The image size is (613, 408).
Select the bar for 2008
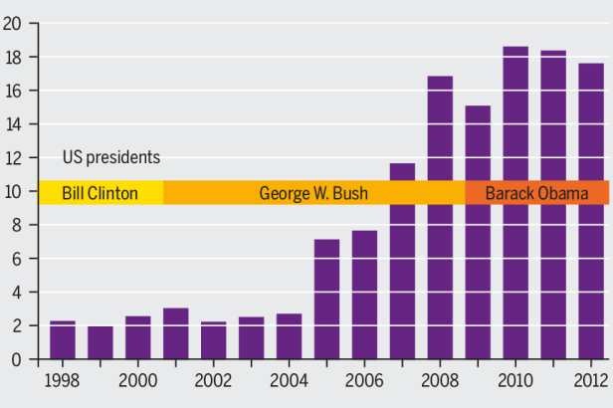point(440,289)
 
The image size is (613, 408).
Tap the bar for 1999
point(100,342)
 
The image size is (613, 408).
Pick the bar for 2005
point(326,299)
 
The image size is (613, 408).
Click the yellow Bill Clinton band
point(100,193)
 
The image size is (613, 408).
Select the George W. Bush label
point(313,193)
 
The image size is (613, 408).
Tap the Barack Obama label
point(535,193)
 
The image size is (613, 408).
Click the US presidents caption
point(111,157)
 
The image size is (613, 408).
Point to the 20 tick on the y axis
point(13,24)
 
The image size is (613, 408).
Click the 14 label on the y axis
point(13,124)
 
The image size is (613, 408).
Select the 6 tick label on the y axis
point(17,259)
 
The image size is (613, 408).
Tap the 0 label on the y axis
point(17,359)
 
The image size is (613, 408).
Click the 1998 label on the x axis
point(62,381)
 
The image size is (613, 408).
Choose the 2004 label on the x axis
point(289,381)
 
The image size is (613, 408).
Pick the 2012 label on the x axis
point(590,381)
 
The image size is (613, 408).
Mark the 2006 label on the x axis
point(364,381)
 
